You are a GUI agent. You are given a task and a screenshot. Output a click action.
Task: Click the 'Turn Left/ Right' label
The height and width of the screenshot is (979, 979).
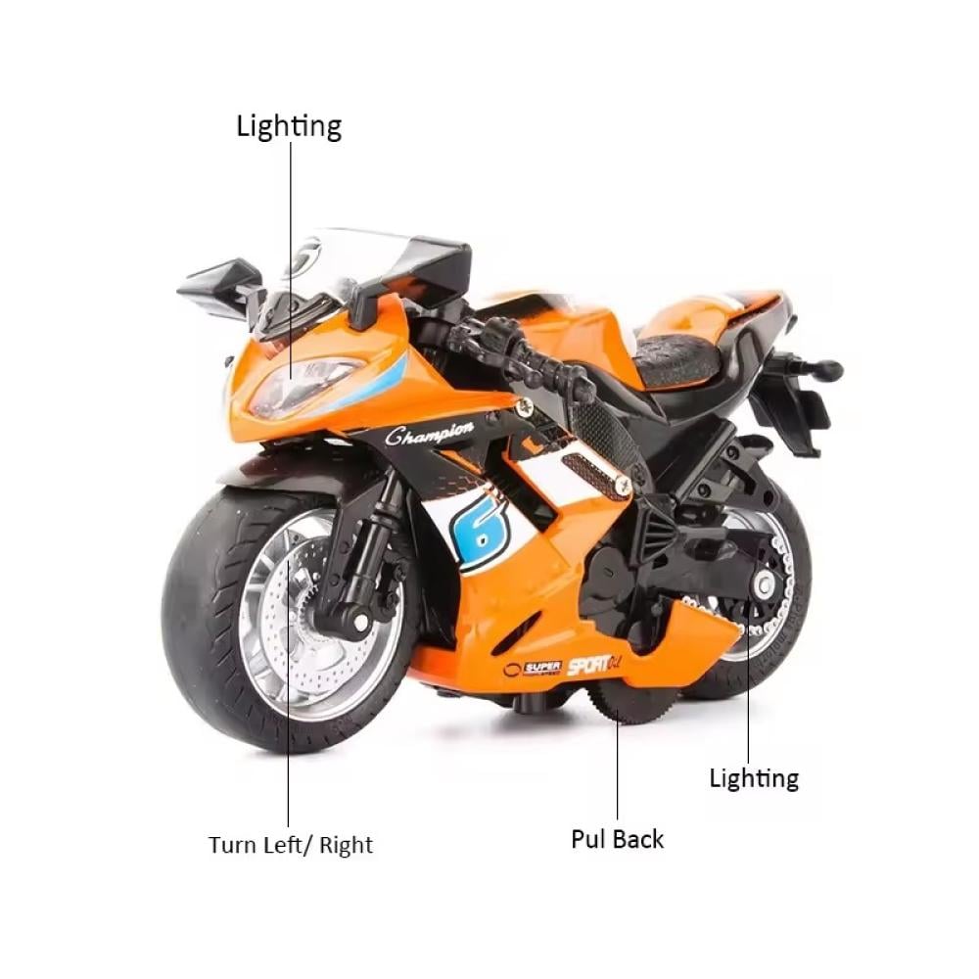point(290,844)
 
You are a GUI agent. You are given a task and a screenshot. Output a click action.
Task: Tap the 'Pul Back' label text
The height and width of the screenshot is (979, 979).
point(617,839)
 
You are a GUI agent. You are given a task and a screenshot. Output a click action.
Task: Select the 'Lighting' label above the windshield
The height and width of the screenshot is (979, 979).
point(289,126)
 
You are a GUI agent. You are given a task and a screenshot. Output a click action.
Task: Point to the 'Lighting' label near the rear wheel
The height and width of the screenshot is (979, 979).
point(754,778)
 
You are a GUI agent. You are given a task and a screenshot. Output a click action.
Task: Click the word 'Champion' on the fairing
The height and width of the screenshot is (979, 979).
point(430,433)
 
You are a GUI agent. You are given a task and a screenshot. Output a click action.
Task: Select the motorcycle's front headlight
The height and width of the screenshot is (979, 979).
point(303,382)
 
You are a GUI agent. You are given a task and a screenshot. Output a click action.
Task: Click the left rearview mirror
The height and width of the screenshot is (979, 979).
point(210,279)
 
